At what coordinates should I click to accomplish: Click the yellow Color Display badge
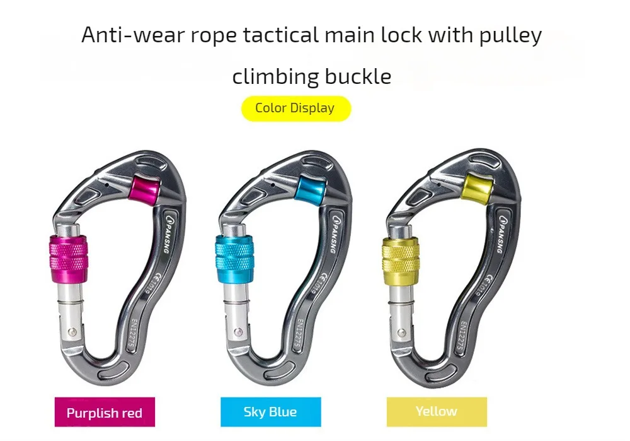click(x=295, y=108)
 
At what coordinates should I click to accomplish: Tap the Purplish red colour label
click(x=105, y=413)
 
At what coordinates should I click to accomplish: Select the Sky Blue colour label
click(x=270, y=412)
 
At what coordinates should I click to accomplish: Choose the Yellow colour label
click(x=436, y=411)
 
